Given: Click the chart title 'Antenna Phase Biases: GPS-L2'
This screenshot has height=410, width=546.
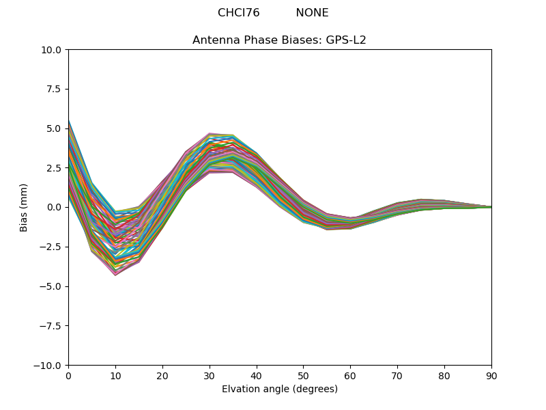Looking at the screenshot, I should [279, 40].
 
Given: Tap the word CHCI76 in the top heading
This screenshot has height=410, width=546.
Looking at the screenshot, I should [238, 13].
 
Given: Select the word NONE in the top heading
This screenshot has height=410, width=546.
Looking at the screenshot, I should [312, 13].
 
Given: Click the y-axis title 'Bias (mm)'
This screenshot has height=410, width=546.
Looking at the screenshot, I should [24, 207].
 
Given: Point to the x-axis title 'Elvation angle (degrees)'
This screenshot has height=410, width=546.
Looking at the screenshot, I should [279, 389].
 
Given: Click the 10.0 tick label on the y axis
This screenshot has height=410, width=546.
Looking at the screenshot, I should [52, 50].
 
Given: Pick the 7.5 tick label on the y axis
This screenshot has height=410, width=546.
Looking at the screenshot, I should [55, 89].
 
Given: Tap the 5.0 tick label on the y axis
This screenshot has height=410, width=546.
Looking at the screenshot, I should [55, 128].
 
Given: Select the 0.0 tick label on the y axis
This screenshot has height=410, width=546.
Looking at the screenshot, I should [55, 208].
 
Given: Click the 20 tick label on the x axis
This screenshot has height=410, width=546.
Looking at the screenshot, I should [162, 376].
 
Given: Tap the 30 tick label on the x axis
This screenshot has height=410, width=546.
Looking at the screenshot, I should [210, 376].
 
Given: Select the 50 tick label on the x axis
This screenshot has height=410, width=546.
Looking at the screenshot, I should [303, 376].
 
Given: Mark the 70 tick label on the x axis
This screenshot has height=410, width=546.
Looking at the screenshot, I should [397, 376].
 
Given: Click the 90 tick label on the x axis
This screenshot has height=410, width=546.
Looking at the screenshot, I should [491, 376].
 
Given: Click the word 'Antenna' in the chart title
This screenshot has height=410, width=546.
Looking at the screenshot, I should [214, 40].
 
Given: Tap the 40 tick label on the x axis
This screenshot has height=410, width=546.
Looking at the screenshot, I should [257, 376].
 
